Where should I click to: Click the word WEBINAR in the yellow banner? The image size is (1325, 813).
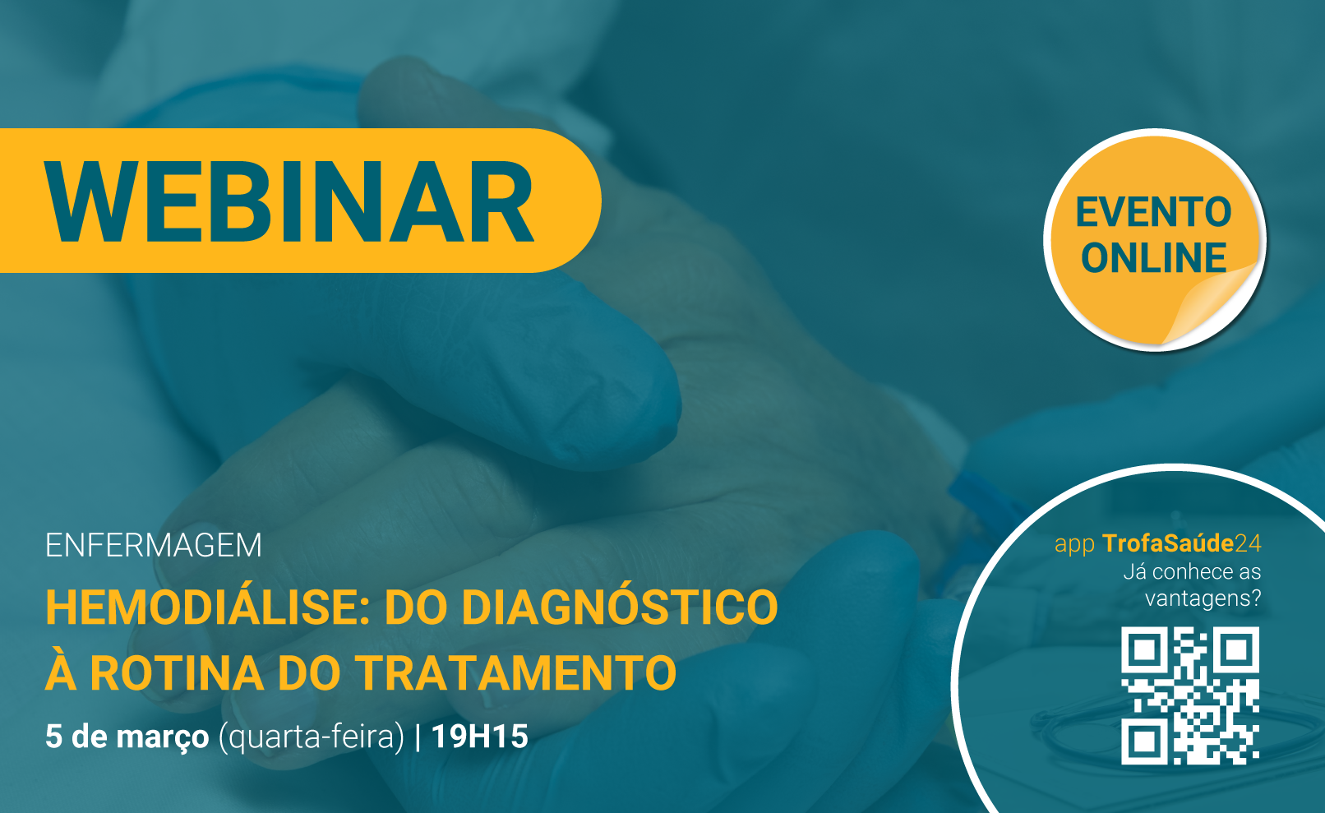pos(290,201)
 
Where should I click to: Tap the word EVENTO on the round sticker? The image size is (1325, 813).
pos(1153,212)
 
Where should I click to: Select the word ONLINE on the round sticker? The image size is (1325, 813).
pos(1153,258)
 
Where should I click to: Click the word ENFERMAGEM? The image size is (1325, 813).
pos(154,546)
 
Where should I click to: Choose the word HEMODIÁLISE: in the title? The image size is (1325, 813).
pos(208,607)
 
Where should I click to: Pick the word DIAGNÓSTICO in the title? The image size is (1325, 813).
pos(620,607)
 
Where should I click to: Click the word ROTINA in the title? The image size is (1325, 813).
pos(177,672)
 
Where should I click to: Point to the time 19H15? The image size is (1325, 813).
pos(480,737)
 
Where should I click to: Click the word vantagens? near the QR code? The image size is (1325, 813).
pos(1203,598)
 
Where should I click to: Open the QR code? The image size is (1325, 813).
pos(1190,695)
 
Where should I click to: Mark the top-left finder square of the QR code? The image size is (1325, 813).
pos(1145,650)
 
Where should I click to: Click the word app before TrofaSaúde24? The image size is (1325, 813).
pos(1075,546)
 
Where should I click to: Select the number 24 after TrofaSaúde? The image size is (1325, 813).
pos(1248,543)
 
